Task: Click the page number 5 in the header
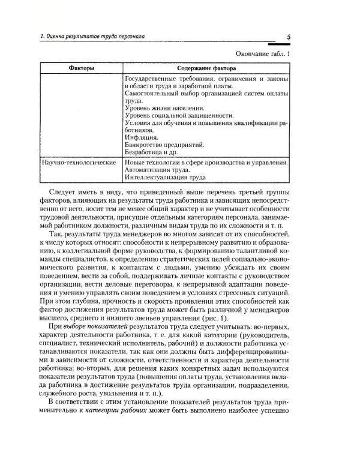click(288, 38)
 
